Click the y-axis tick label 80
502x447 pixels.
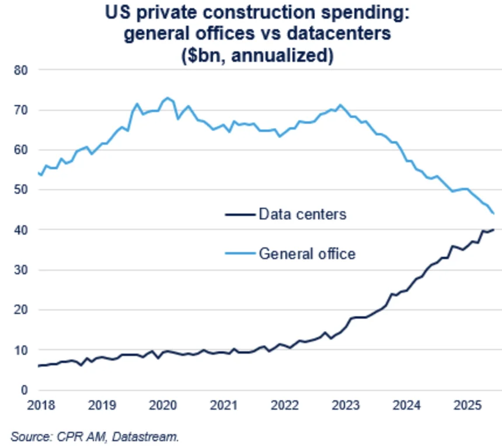click(x=22, y=70)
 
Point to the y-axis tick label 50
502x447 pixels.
click(x=22, y=190)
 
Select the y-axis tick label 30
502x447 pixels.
click(x=22, y=270)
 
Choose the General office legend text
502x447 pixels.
click(x=306, y=253)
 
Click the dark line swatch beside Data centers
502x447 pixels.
click(x=240, y=214)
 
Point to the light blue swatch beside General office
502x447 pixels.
click(x=240, y=253)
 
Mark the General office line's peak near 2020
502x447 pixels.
click(x=167, y=97)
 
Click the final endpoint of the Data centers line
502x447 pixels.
click(x=493, y=229)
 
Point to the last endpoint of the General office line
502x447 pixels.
click(x=493, y=214)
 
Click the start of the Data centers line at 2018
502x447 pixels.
click(x=39, y=366)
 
